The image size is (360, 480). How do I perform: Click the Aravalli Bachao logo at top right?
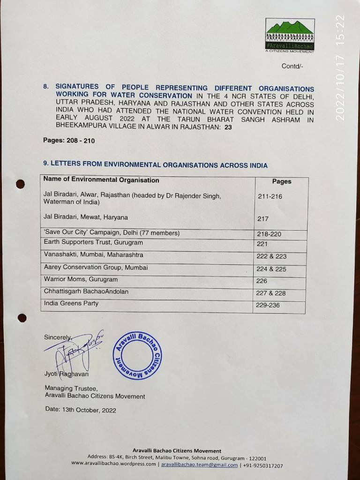coord(289,35)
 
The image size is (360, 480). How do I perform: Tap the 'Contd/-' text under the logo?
coord(292,66)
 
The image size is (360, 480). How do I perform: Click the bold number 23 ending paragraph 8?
coord(228,127)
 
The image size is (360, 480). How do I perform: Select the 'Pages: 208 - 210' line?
coord(68,141)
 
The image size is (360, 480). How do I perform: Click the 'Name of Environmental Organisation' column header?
coord(101,180)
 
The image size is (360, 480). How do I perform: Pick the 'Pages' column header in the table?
coord(281,181)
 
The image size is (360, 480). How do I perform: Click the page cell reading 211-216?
coord(270,196)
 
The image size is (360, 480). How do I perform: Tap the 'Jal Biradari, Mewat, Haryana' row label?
coord(85,217)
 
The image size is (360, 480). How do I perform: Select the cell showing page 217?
coord(262,219)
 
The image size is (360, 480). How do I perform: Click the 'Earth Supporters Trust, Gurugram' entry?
coord(93,242)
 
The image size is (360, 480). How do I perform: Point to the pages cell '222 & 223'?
coord(271,256)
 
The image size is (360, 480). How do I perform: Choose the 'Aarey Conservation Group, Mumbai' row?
coord(96,267)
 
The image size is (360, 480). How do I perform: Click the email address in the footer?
coord(200,465)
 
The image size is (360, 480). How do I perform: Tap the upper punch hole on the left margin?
coord(20,184)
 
